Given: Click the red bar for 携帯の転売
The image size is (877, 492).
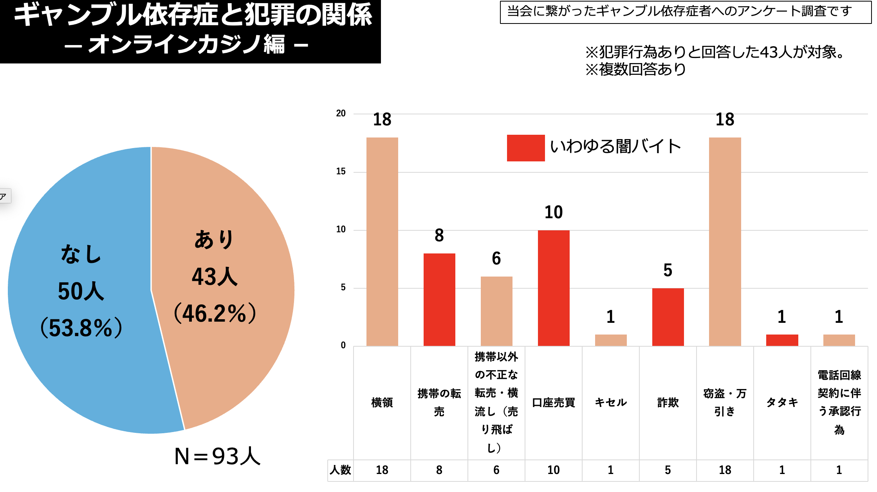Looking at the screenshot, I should [x=439, y=299].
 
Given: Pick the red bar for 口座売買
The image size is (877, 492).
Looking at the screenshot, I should [x=554, y=288].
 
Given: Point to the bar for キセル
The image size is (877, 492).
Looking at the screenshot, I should [x=611, y=340].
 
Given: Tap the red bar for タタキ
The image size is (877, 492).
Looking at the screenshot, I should [x=782, y=340].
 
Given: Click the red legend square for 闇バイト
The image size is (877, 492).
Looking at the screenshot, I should [x=525, y=148].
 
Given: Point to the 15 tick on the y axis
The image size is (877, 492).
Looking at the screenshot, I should [x=341, y=172].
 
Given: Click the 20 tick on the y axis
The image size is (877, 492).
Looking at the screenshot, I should [x=341, y=114].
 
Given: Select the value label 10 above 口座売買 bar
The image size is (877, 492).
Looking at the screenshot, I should [x=554, y=212].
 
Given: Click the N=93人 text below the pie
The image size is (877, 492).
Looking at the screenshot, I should [x=217, y=456].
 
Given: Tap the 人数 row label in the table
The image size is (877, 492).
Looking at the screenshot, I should [x=340, y=470].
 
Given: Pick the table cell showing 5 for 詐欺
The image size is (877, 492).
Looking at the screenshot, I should [x=668, y=470].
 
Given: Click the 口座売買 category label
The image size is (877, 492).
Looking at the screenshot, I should [x=554, y=403].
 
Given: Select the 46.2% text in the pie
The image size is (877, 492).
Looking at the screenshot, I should [x=215, y=313].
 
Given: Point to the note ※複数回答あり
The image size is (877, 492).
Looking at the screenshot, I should [x=635, y=69].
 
